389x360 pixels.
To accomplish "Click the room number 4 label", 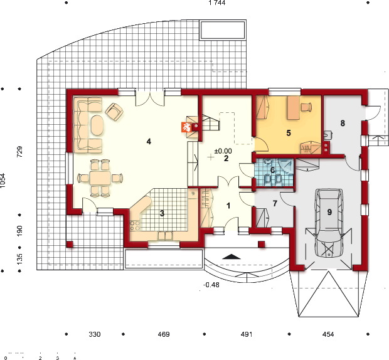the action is pyautogui.click(x=149, y=142).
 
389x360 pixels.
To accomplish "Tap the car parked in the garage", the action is pyautogui.click(x=329, y=223).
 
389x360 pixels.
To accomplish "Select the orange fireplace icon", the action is pyautogui.click(x=186, y=127).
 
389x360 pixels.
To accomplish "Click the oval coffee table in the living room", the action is pyautogui.click(x=97, y=125).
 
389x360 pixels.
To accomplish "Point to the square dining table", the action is pyautogui.click(x=100, y=177).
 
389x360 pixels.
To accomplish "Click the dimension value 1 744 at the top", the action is pyautogui.click(x=217, y=3).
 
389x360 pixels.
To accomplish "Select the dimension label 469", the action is pyautogui.click(x=164, y=334).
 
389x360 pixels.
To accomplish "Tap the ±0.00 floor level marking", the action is pyautogui.click(x=223, y=151).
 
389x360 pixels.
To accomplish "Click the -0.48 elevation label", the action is pyautogui.click(x=211, y=285).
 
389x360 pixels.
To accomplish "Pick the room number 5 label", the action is pyautogui.click(x=288, y=133).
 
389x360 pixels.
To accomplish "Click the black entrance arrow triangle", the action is pyautogui.click(x=232, y=257).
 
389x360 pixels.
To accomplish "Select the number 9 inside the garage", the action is pyautogui.click(x=329, y=212).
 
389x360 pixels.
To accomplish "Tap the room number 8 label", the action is pyautogui.click(x=343, y=123).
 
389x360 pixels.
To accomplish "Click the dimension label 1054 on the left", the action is pyautogui.click(x=3, y=180).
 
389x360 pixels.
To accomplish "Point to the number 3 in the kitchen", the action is pyautogui.click(x=162, y=213).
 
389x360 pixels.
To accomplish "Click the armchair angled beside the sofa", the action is pyautogui.click(x=114, y=112).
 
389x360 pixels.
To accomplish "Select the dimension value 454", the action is pyautogui.click(x=328, y=334).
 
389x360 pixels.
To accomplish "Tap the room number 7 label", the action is pyautogui.click(x=275, y=203).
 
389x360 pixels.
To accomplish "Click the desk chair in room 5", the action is pyautogui.click(x=306, y=107).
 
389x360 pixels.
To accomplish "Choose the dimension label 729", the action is pyautogui.click(x=19, y=152).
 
